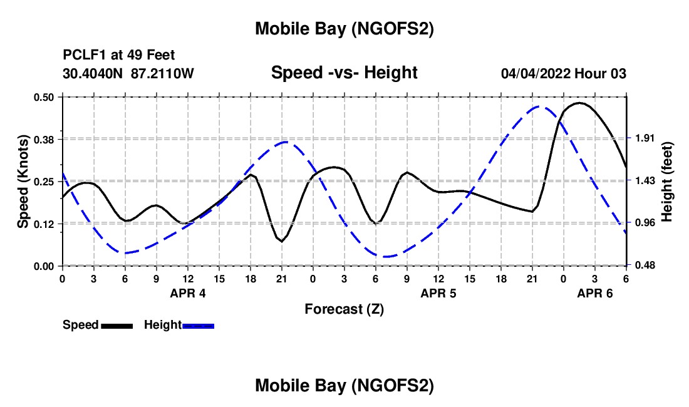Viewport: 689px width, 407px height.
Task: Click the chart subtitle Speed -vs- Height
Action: pyautogui.click(x=344, y=73)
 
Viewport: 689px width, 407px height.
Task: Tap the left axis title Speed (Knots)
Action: pyautogui.click(x=23, y=182)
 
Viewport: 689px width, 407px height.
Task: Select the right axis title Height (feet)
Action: pyautogui.click(x=666, y=182)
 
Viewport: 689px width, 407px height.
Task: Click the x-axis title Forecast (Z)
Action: pyautogui.click(x=344, y=309)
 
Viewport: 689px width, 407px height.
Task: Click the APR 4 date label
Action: pyautogui.click(x=188, y=293)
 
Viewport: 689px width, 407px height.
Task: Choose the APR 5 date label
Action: pyautogui.click(x=438, y=293)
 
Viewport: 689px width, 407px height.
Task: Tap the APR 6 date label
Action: pyautogui.click(x=595, y=293)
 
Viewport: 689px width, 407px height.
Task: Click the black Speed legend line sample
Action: pyautogui.click(x=117, y=326)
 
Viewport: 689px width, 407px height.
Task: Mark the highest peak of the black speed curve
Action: pyautogui.click(x=579, y=103)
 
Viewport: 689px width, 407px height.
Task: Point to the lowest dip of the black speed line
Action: pyautogui.click(x=282, y=241)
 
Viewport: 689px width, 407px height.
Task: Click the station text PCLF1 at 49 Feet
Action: pyautogui.click(x=119, y=55)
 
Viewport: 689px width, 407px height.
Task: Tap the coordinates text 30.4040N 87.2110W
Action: pyautogui.click(x=128, y=73)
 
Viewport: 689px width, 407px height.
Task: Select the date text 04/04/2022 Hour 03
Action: pyautogui.click(x=563, y=73)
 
